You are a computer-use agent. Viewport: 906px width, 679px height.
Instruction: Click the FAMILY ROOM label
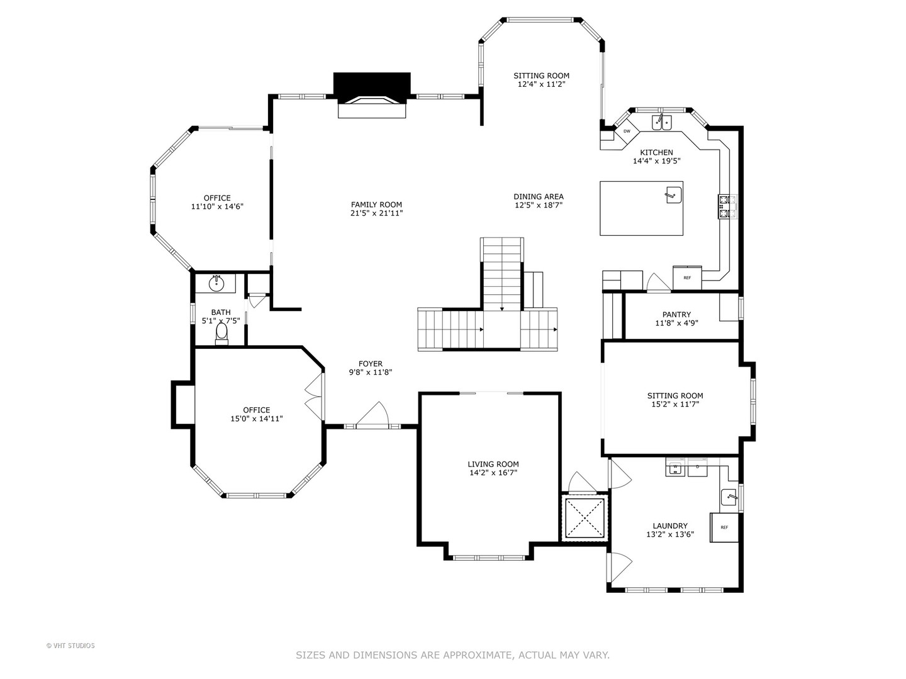tap(376, 204)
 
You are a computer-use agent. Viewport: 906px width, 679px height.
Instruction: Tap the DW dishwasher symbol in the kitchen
tap(627, 131)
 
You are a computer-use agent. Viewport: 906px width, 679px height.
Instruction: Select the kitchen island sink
tap(674, 195)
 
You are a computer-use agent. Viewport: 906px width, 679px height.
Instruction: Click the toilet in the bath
tap(221, 334)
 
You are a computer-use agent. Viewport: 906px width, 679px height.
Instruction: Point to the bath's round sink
tap(216, 284)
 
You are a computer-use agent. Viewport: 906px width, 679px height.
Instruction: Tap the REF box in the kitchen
tap(687, 278)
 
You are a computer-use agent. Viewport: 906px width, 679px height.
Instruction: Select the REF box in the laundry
tap(724, 527)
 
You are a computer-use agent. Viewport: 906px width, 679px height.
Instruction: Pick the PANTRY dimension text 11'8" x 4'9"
tap(676, 323)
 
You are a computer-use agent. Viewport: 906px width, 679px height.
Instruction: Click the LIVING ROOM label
tap(493, 464)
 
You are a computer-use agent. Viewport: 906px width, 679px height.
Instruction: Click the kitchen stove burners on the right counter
tap(727, 207)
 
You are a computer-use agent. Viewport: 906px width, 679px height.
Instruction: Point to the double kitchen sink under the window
tap(662, 123)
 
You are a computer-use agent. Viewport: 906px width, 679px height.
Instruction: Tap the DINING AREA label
tap(538, 197)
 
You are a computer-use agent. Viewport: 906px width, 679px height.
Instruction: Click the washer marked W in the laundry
tap(675, 467)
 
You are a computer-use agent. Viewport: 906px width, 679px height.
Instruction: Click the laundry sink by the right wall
tap(730, 497)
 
